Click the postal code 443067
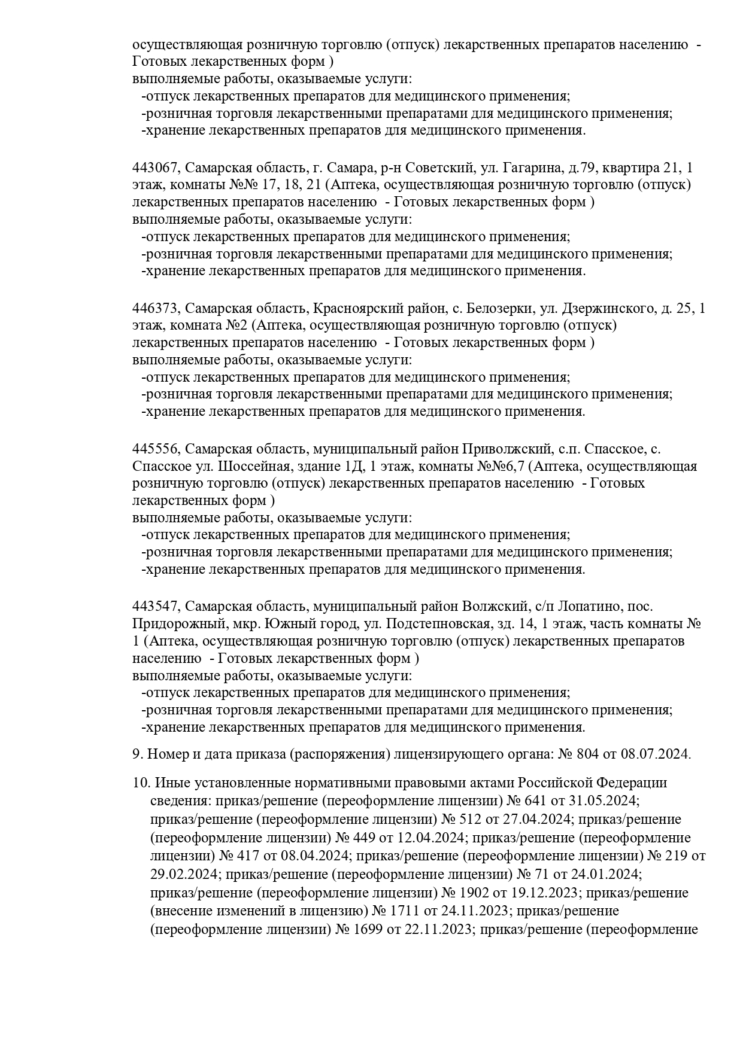(x=155, y=168)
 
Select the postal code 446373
(x=155, y=309)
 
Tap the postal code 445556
(x=155, y=449)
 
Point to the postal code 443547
(x=155, y=607)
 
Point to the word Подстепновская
(x=436, y=624)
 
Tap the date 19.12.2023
(x=547, y=893)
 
